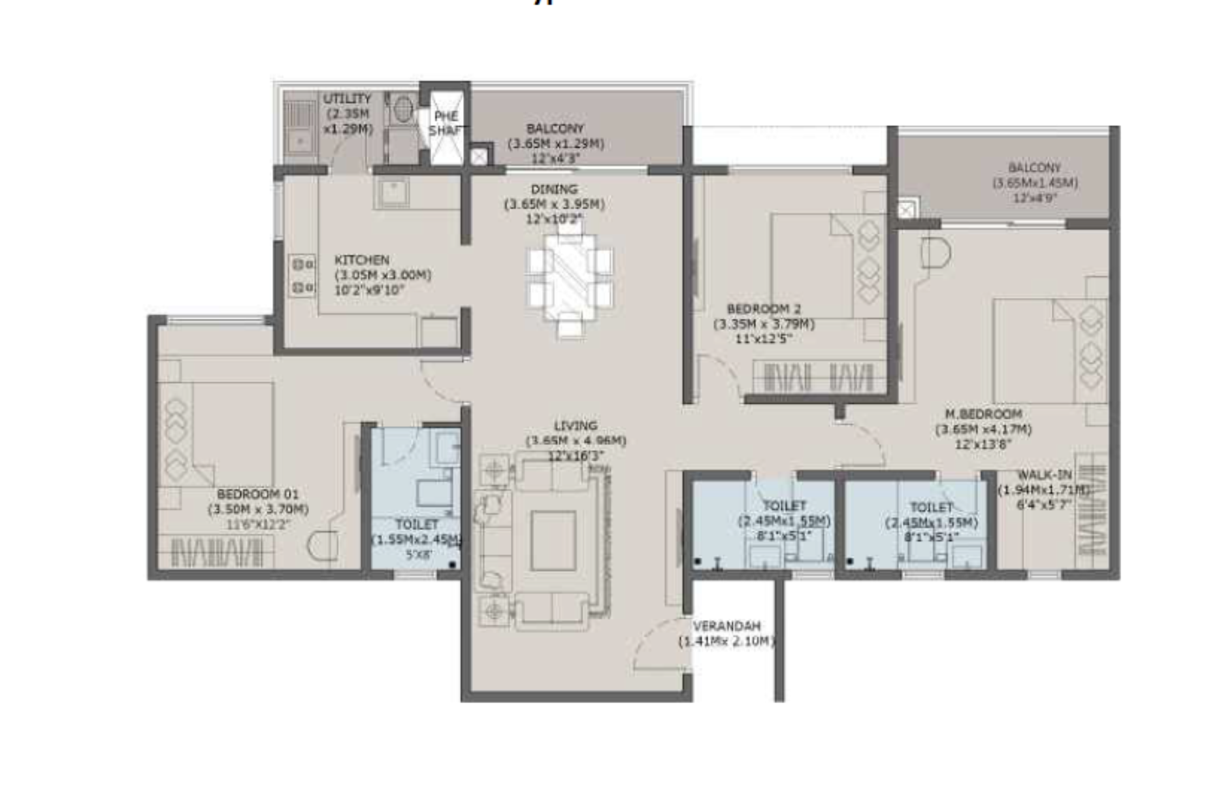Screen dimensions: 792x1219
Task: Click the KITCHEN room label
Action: [361, 260]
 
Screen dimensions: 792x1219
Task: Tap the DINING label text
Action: [554, 190]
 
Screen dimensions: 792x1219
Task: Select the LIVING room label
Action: [575, 425]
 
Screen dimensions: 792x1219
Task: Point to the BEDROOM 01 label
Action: [257, 494]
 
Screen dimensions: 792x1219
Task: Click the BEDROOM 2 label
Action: [763, 308]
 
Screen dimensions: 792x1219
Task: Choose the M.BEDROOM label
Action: [983, 414]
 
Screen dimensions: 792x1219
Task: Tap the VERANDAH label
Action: [726, 626]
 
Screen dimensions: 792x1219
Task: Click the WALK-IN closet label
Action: [1045, 475]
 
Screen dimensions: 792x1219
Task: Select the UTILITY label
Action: [347, 99]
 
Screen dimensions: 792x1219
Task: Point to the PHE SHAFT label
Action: [446, 123]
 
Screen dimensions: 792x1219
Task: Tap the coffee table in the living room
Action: [553, 540]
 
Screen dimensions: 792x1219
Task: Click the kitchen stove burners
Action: [302, 275]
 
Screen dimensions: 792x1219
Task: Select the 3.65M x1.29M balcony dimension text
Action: [555, 144]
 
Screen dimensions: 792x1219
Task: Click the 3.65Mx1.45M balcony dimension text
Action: [1035, 183]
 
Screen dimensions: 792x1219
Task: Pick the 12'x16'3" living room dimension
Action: [576, 455]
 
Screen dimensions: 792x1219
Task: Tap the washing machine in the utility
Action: [403, 108]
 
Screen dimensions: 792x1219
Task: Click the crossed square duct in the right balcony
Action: [906, 210]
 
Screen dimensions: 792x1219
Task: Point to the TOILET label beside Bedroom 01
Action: [416, 524]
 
